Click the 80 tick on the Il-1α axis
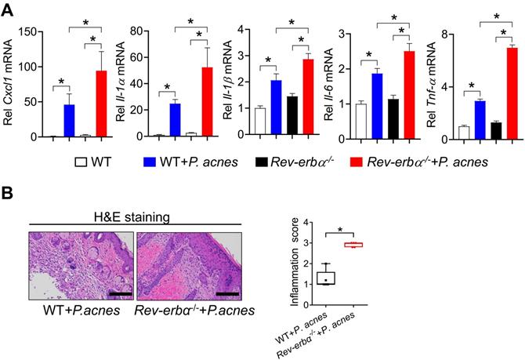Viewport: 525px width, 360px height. pos(141,31)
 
